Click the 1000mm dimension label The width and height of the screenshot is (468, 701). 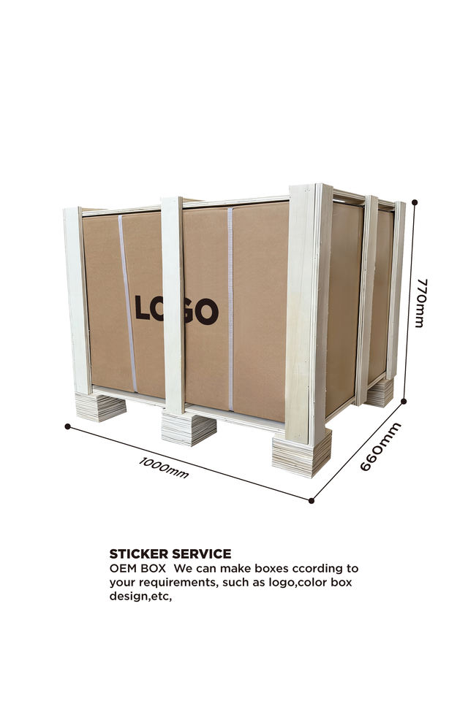164,467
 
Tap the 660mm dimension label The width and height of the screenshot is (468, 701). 380,446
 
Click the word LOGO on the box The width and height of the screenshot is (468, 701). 177,310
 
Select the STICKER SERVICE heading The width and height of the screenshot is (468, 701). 170,553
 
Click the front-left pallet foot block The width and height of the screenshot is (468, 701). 101,406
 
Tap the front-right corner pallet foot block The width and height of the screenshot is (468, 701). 301,453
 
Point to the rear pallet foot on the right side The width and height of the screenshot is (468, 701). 380,393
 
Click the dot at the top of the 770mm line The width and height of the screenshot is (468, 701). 415,202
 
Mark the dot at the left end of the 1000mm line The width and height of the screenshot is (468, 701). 68,426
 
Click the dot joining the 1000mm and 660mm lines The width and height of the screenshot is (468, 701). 312,501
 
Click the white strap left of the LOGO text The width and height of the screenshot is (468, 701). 128,303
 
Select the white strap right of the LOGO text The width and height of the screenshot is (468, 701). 230,307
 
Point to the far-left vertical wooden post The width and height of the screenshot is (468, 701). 77,299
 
